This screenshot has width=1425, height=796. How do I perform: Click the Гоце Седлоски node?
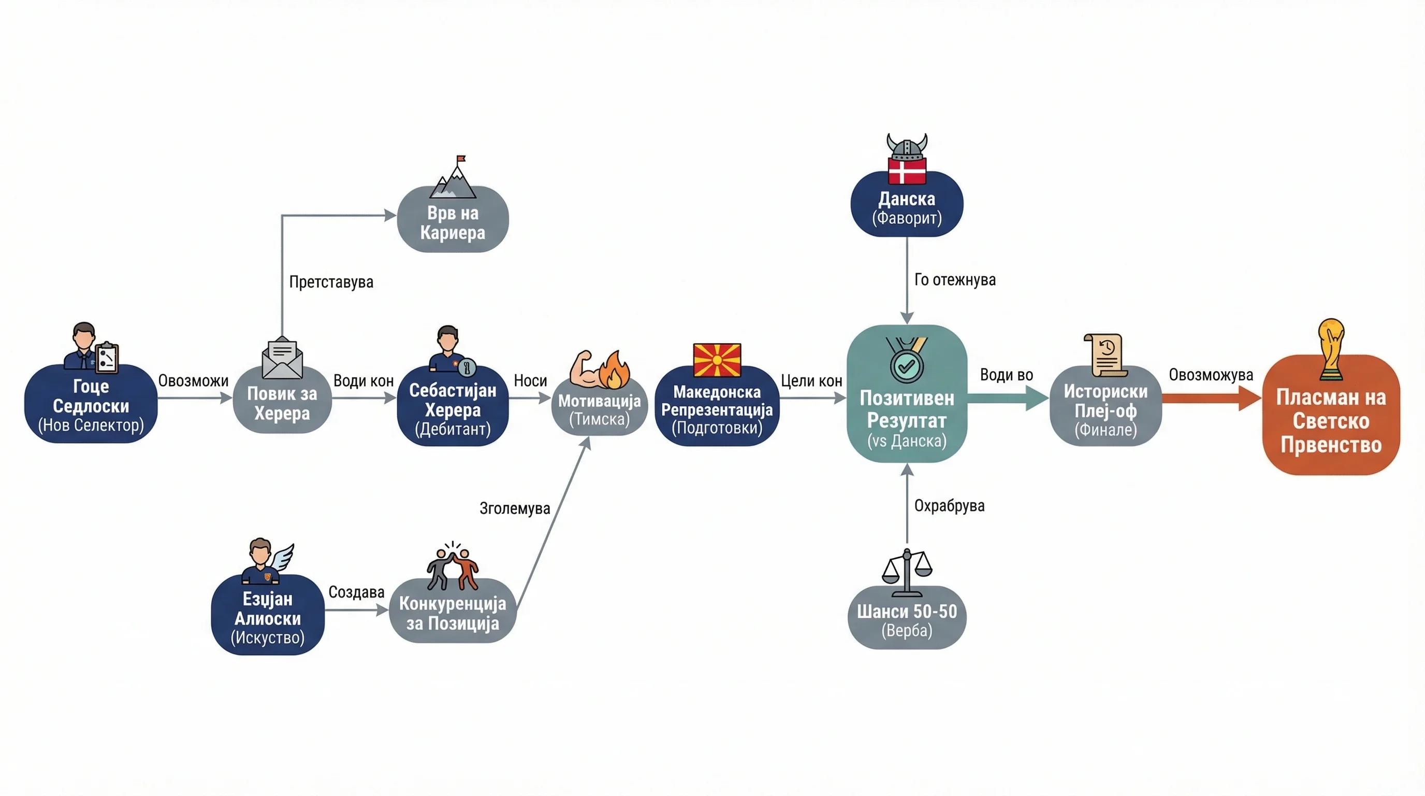91,404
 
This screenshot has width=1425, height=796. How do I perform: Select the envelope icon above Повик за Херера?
282,358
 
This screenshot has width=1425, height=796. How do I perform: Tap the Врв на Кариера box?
453,220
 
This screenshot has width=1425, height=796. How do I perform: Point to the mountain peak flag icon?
453,177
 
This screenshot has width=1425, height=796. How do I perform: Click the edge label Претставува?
331,282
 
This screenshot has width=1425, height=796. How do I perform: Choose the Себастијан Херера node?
453,407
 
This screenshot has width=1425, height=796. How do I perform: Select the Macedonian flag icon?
717,360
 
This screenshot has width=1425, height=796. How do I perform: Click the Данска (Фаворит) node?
907,204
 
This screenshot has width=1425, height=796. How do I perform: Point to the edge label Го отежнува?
955,280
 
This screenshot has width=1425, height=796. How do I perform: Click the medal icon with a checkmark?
907,360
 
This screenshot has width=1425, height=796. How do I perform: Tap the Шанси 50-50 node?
907,617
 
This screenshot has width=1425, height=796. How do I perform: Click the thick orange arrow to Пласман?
1212,398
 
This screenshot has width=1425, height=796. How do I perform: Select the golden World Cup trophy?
1331,349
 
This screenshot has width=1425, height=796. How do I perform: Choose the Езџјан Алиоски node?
268,615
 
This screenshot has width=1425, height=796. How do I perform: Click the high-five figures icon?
453,566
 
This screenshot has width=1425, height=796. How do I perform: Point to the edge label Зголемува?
515,508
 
